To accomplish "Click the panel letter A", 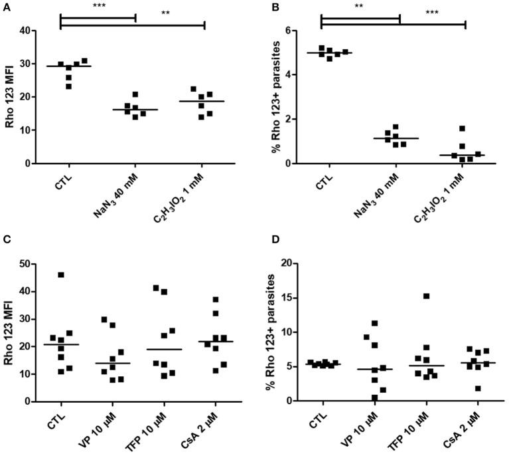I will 6,6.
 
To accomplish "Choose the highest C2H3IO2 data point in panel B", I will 462,128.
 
